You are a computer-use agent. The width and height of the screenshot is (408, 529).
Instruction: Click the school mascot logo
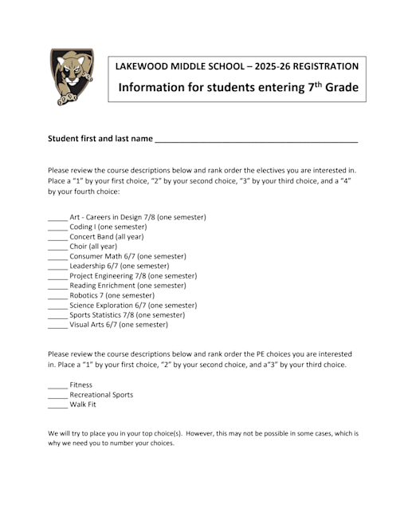72,77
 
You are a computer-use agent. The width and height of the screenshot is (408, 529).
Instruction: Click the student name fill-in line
256,140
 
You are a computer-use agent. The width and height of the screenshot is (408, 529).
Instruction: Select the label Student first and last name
100,138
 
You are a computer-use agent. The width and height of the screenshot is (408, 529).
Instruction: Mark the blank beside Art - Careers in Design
57,218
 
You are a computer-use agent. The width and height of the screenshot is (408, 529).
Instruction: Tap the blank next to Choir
57,247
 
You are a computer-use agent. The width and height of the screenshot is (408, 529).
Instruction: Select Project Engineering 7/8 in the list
133,276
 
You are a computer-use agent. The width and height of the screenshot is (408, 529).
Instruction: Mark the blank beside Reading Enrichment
57,286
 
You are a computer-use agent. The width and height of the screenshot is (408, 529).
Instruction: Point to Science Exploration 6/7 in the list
133,305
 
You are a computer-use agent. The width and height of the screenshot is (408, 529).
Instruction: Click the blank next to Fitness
57,385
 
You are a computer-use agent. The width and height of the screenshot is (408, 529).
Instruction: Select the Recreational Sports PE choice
101,395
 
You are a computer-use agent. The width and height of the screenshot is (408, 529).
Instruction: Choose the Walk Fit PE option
83,405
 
